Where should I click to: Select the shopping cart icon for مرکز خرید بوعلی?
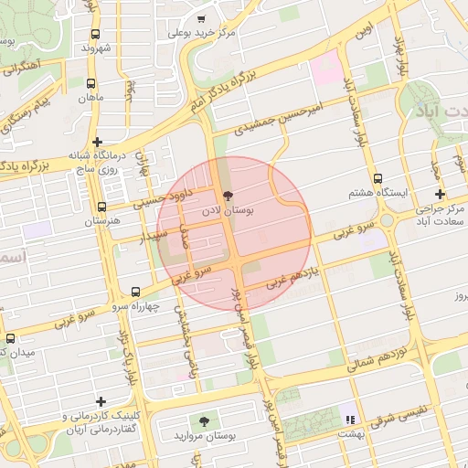pyautogui.click(x=201, y=18)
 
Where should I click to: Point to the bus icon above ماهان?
pyautogui.click(x=90, y=83)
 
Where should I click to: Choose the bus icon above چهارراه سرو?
pyautogui.click(x=136, y=291)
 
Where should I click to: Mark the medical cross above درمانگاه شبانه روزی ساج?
pyautogui.click(x=97, y=142)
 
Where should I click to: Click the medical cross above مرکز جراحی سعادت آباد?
pyautogui.click(x=441, y=195)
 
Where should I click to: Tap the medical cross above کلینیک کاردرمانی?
pyautogui.click(x=100, y=401)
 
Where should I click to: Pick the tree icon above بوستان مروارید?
pyautogui.click(x=203, y=420)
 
